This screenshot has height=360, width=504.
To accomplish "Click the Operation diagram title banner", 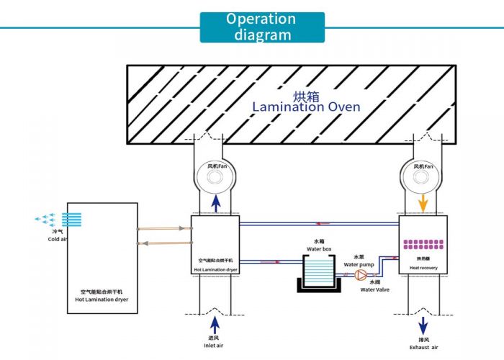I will coord(261,27).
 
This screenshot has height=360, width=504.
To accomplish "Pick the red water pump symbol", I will coord(361,275).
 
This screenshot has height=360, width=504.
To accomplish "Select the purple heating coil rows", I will coord(423,245).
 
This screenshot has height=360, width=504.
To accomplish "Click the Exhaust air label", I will coord(423,348).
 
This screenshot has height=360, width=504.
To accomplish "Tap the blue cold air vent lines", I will coord(75,220).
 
